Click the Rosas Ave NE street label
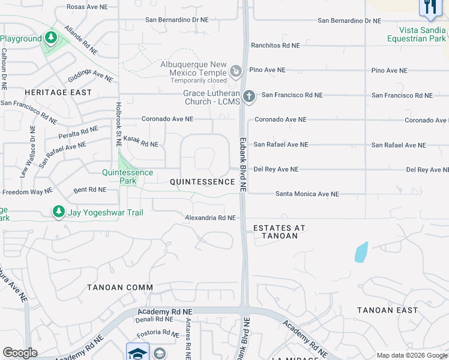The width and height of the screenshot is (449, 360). pyautogui.click(x=88, y=7)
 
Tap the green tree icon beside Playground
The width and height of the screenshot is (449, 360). pyautogui.click(x=51, y=38)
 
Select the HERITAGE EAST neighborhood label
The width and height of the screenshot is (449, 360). pyautogui.click(x=58, y=92)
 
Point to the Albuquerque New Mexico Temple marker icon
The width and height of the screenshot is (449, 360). pyautogui.click(x=237, y=72)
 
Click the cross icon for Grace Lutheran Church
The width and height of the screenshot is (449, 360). pyautogui.click(x=249, y=95)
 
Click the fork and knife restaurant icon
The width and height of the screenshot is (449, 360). pyautogui.click(x=430, y=7)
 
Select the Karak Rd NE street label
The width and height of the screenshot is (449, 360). pyautogui.click(x=140, y=143)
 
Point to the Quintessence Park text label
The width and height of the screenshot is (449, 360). pyautogui.click(x=127, y=176)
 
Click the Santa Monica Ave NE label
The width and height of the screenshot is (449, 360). pyautogui.click(x=307, y=194)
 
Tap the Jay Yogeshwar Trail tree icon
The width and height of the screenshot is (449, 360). pyautogui.click(x=58, y=212)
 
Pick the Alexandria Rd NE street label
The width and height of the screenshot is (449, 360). pyautogui.click(x=209, y=218)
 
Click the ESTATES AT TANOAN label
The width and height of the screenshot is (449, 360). pyautogui.click(x=279, y=232)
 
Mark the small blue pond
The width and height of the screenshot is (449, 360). pyautogui.click(x=361, y=252)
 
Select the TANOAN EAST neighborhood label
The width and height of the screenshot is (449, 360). pyautogui.click(x=387, y=310)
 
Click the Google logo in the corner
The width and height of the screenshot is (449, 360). pyautogui.click(x=20, y=353)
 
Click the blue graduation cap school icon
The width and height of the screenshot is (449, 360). pyautogui.click(x=137, y=352)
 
